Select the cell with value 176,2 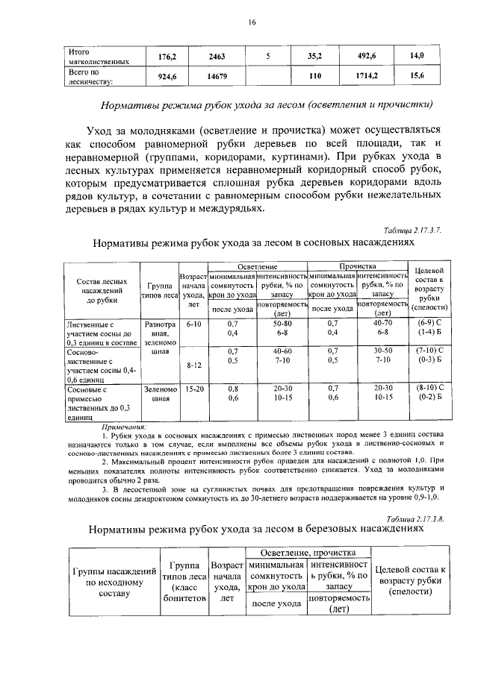pos(165,56)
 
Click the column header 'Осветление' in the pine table pos(257,266)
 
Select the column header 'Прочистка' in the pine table pos(358,266)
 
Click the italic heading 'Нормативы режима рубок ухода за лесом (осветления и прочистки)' pos(267,104)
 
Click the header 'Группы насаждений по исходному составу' pos(113,582)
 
